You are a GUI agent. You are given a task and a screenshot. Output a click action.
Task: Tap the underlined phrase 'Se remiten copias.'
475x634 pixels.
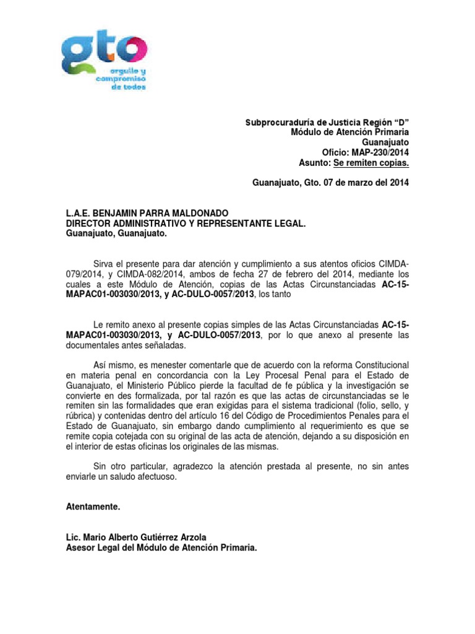click(x=371, y=163)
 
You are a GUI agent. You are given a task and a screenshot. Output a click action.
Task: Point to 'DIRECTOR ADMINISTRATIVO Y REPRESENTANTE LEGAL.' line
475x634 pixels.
click(x=186, y=224)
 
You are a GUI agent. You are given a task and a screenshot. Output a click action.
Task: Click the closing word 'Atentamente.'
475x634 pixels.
click(x=93, y=506)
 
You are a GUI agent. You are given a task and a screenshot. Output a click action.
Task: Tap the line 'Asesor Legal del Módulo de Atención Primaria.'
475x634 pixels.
click(x=161, y=548)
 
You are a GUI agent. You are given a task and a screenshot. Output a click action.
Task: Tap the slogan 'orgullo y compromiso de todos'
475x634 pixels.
click(x=127, y=80)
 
